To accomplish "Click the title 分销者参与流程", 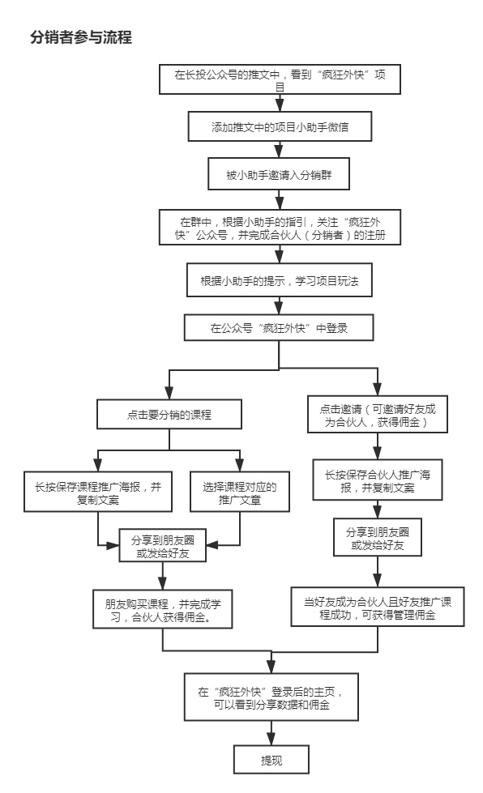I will (x=80, y=37).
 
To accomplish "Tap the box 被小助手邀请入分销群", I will (x=280, y=173).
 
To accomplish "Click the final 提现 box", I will (x=271, y=761).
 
